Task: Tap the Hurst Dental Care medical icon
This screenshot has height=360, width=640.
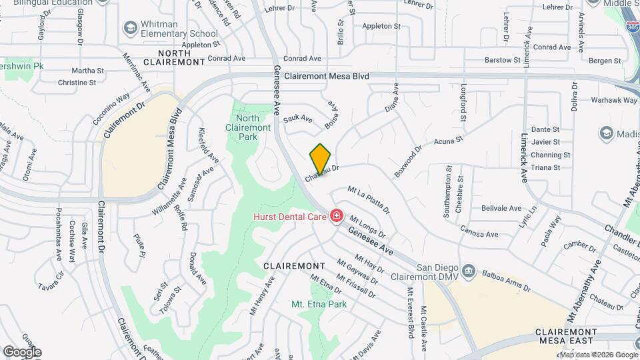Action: point(336,216)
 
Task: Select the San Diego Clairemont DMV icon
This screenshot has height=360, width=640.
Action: point(469,271)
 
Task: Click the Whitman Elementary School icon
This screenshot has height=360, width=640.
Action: point(130,29)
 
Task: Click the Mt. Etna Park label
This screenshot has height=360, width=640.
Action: point(319,304)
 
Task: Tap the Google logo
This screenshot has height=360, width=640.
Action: point(22,351)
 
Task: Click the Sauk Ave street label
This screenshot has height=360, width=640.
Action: point(298,119)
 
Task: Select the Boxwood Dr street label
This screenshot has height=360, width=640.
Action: point(408,161)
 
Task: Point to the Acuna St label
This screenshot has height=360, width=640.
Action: point(448,141)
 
